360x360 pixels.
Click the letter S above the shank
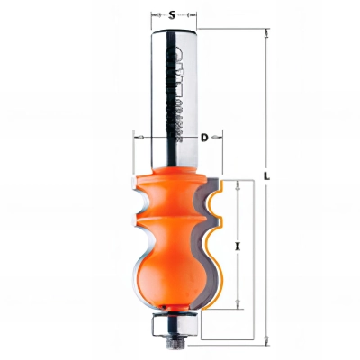[171, 14]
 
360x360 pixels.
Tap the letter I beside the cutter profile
[238, 245]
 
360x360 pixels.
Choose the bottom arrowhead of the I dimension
[238, 307]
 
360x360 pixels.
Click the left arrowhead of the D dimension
[137, 138]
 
